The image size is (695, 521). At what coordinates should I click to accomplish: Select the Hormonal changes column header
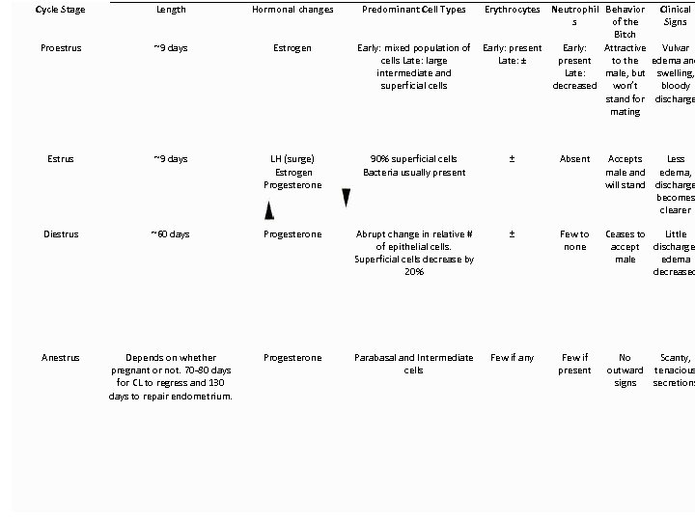click(292, 10)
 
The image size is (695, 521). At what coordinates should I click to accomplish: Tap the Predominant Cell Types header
click(413, 10)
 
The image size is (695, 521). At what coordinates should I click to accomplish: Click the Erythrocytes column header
click(512, 10)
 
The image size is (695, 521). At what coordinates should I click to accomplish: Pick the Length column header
click(171, 10)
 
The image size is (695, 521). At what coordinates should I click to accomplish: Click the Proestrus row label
click(59, 47)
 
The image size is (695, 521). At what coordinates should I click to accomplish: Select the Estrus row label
click(59, 159)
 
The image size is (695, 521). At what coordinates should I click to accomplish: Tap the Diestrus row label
click(59, 234)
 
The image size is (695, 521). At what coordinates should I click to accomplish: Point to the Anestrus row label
click(59, 358)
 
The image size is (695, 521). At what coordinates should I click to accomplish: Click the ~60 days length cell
click(171, 234)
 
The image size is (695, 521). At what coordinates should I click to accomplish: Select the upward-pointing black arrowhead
click(269, 210)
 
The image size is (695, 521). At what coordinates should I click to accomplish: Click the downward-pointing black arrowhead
click(347, 198)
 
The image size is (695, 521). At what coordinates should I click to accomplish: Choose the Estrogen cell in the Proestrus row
click(292, 47)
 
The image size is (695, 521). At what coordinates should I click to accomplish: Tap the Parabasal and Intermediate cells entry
click(413, 364)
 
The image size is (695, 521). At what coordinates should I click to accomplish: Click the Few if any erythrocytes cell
click(512, 358)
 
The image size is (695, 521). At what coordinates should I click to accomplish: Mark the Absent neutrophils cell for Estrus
click(574, 159)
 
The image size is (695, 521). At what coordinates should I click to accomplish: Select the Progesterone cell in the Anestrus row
click(292, 358)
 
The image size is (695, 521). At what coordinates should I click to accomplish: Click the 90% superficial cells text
click(413, 159)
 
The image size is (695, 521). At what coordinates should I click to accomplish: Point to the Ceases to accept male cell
click(625, 246)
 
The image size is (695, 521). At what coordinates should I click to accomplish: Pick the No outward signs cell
click(625, 370)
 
